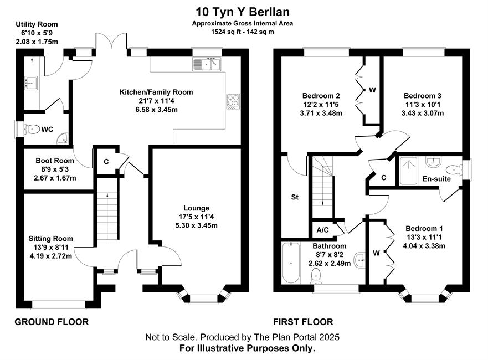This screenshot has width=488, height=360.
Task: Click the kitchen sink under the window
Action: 207,64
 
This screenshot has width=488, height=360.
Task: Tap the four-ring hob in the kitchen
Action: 233,101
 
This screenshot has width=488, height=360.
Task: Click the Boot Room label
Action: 55,161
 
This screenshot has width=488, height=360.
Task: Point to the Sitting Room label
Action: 51,239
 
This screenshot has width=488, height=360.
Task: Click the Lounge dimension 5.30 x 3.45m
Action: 197,225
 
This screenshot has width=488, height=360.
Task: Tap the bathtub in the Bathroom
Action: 291,263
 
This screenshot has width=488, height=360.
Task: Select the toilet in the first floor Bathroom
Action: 316,276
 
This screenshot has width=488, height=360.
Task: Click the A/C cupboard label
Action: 323,230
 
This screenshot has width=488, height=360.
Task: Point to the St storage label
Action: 295,197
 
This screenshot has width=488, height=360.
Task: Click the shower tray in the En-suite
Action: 408,171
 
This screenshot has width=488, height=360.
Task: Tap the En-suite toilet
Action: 453,170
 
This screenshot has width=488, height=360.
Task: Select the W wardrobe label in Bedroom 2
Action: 372,90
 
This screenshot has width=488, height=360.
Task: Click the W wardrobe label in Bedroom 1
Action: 376,253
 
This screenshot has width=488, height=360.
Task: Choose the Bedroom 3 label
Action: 422,96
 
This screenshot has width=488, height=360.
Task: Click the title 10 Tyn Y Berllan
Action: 243,12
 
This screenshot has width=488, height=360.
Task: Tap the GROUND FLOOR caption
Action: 52,322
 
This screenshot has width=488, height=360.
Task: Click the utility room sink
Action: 31,83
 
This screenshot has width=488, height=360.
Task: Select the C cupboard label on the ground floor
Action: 106,162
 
